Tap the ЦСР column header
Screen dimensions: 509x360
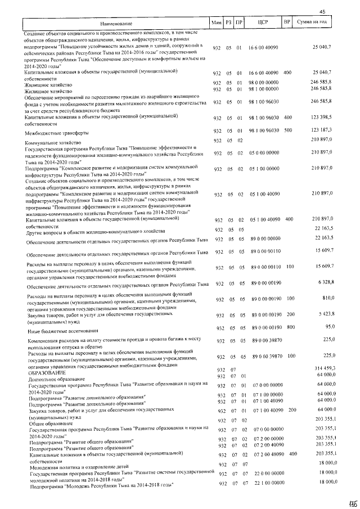(x=260, y=22)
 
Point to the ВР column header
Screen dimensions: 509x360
(x=287, y=22)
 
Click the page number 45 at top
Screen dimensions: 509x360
(x=322, y=12)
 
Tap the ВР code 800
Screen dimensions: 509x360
(x=290, y=327)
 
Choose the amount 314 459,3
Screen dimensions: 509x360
(x=322, y=368)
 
